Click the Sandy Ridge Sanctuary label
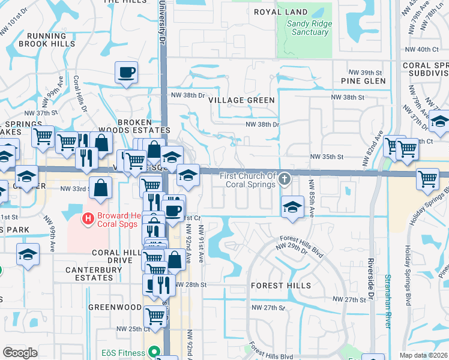pyautogui.click(x=309, y=28)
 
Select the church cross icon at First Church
pyautogui.click(x=286, y=178)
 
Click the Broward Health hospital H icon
pyautogui.click(x=88, y=219)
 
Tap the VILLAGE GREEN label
pyautogui.click(x=241, y=100)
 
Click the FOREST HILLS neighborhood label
pyautogui.click(x=281, y=285)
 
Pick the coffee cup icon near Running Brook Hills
pyautogui.click(x=127, y=73)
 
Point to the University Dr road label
pyautogui.click(x=162, y=22)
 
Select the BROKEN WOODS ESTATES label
pyautogui.click(x=143, y=126)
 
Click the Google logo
pyautogui.click(x=20, y=353)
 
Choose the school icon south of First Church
pyautogui.click(x=292, y=206)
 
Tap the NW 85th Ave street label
pyautogui.click(x=312, y=194)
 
